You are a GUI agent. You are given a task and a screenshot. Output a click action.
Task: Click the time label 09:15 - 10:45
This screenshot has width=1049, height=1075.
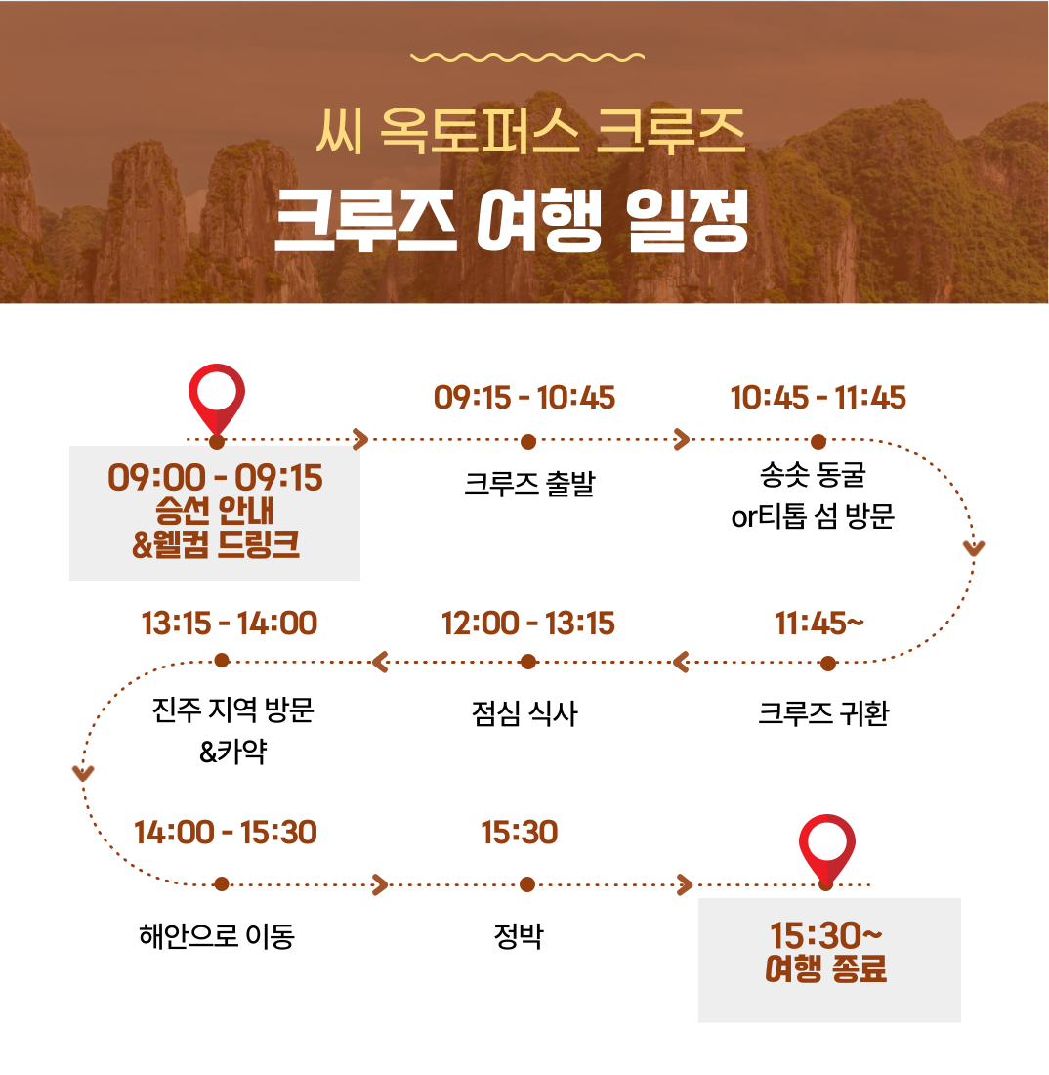tap(524, 398)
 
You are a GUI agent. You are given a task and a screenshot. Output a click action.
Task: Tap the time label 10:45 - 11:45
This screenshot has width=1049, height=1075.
tap(818, 398)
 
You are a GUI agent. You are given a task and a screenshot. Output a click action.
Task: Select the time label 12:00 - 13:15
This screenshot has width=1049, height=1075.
tap(527, 623)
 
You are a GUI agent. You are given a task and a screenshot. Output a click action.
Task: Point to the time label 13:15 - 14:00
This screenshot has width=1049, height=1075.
tap(229, 623)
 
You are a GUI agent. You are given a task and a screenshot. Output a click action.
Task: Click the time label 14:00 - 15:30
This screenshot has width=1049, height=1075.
tap(225, 833)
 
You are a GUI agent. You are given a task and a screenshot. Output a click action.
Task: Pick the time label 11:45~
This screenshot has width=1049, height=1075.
tap(818, 623)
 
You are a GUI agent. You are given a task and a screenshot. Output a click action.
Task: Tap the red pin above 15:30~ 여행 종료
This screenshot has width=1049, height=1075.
tap(827, 848)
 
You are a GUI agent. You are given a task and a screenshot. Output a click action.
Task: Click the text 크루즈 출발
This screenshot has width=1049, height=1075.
tap(529, 484)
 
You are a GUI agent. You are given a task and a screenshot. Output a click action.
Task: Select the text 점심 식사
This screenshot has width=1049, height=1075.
tap(524, 713)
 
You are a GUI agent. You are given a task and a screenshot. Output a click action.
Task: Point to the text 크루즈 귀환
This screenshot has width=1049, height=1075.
tap(823, 713)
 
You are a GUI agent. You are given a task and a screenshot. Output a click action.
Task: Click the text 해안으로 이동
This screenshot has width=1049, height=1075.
tap(217, 936)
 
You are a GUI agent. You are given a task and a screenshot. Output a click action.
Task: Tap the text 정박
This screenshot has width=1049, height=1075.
tap(519, 936)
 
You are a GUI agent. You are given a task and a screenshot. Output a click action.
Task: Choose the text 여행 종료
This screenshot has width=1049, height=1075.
tap(826, 968)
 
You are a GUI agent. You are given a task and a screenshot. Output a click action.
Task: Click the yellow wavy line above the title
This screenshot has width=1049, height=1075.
tap(527, 57)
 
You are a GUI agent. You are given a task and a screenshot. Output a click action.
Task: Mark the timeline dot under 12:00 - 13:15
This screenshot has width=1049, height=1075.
tap(528, 662)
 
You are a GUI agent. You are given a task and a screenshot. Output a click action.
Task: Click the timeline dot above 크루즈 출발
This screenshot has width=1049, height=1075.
tap(528, 442)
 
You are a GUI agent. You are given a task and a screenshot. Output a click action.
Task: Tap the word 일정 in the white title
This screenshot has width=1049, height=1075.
tap(688, 220)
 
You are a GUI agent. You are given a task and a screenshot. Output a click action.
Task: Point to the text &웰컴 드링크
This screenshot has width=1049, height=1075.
tap(216, 544)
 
